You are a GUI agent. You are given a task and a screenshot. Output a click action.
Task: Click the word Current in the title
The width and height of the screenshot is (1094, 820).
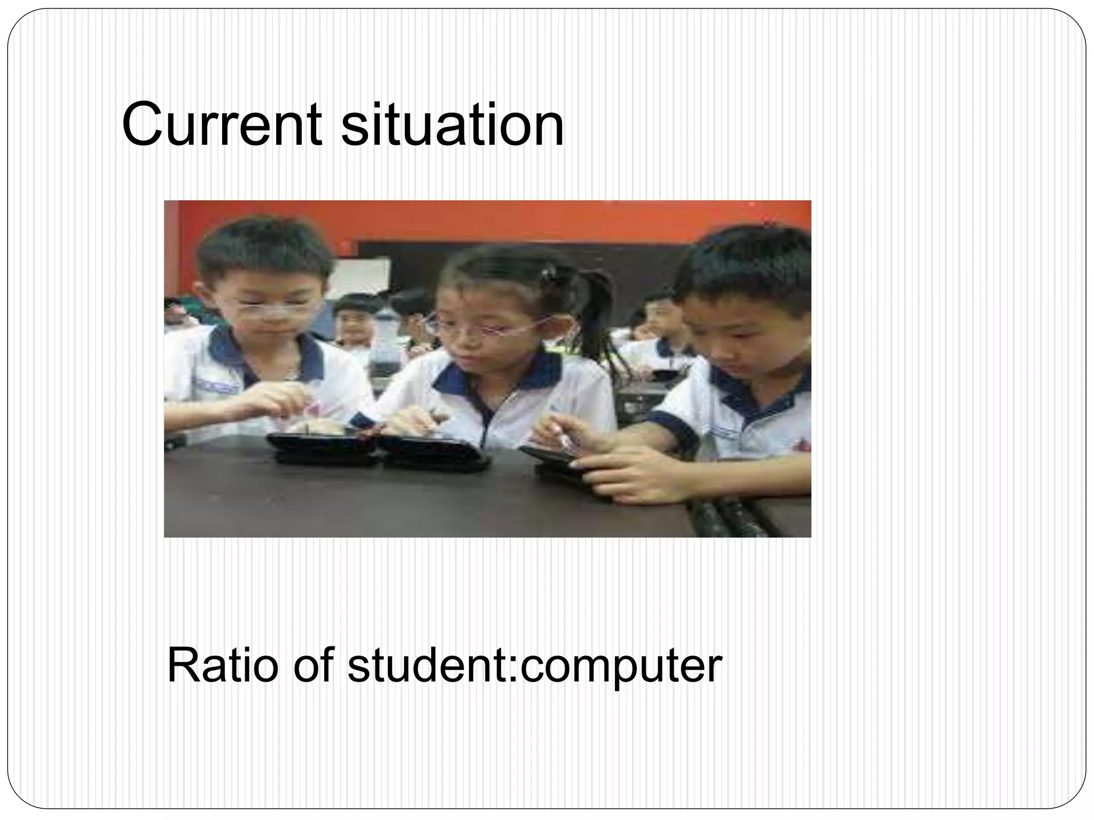[222, 125]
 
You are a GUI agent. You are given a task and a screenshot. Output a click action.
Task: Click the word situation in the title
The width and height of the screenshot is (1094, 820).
[452, 125]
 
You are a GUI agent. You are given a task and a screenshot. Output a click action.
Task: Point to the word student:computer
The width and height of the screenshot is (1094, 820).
[535, 667]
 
